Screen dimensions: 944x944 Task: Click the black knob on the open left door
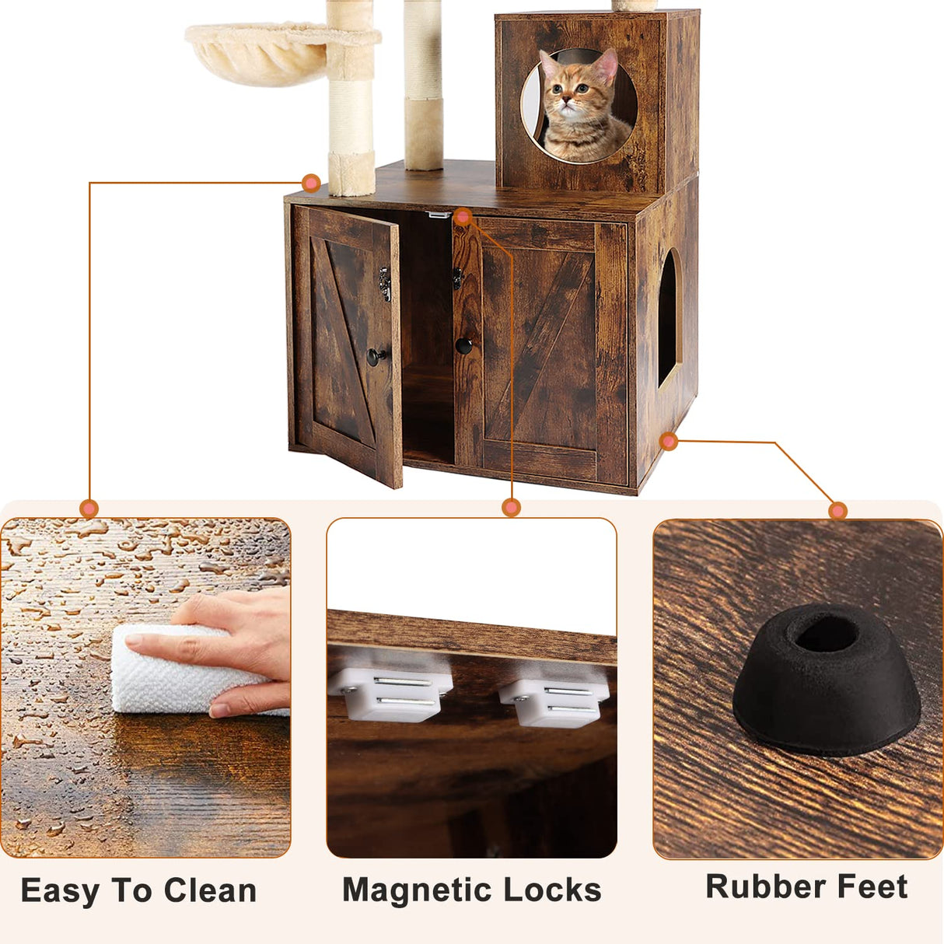tap(375, 357)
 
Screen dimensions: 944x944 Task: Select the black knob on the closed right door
tap(463, 345)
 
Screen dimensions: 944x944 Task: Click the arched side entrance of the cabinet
tap(668, 319)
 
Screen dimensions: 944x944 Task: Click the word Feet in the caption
tap(874, 886)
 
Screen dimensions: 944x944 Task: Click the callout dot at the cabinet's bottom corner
tap(668, 442)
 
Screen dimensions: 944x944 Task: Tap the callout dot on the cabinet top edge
tap(311, 183)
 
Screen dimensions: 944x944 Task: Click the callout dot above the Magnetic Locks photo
tap(511, 508)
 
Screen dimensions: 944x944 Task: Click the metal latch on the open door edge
tap(384, 284)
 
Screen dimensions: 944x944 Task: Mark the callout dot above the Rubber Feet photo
tap(837, 511)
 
